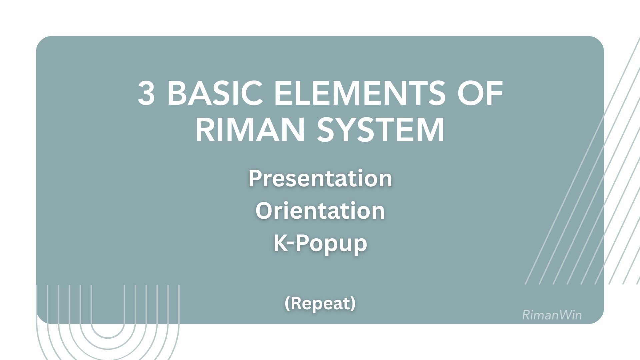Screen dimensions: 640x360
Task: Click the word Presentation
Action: click(x=320, y=178)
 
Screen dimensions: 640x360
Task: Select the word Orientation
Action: click(x=320, y=211)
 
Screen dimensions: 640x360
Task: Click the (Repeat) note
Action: click(x=320, y=304)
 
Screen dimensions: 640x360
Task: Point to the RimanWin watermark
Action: click(x=552, y=315)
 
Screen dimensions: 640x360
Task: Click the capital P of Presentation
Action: click(x=255, y=178)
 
